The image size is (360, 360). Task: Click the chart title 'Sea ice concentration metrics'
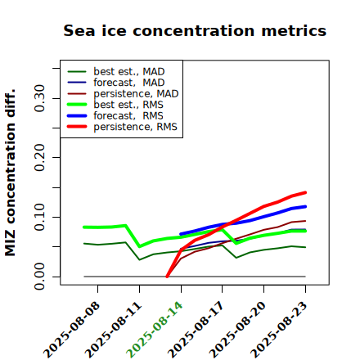(195, 30)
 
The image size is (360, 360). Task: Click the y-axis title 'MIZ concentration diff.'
(10, 173)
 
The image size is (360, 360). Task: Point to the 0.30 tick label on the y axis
(40, 98)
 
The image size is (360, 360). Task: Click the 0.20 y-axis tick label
(40, 157)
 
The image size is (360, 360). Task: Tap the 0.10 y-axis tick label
(40, 217)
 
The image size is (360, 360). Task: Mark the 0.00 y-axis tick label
(40, 277)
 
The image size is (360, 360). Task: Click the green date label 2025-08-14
(155, 330)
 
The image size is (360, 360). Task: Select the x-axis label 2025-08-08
(71, 330)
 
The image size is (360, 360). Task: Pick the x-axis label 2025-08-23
(279, 330)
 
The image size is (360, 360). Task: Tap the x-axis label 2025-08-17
(196, 330)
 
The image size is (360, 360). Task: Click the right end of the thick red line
(305, 192)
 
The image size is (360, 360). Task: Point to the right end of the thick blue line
(305, 206)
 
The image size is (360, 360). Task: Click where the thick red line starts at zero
(167, 277)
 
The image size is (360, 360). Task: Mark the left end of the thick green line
(84, 227)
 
